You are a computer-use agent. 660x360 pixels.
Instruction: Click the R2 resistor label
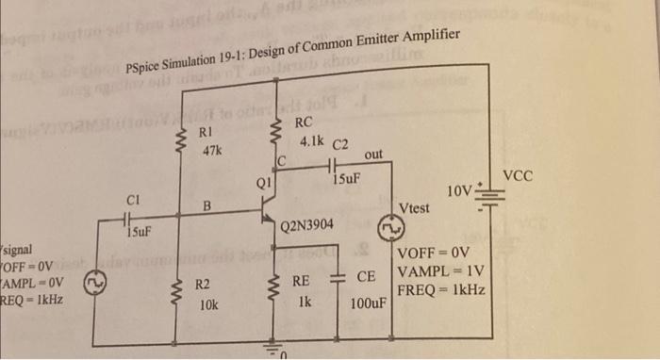click(205, 284)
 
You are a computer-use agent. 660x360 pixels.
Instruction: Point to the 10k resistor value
click(207, 305)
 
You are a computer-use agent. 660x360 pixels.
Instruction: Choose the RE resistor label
click(301, 280)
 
